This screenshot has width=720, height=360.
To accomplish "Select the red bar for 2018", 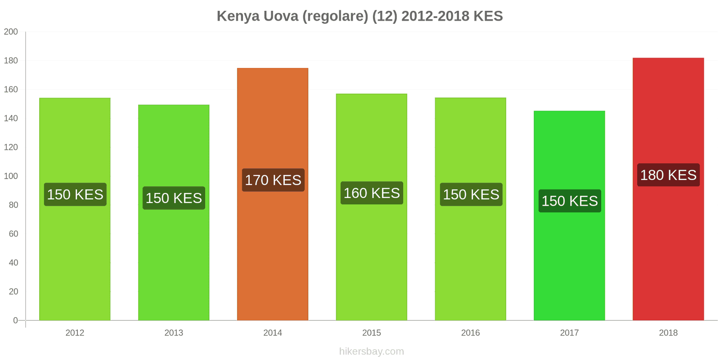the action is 668,189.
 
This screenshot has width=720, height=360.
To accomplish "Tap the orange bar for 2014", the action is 273,194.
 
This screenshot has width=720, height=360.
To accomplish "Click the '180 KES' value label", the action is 668,175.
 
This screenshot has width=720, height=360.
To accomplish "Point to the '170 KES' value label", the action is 273,180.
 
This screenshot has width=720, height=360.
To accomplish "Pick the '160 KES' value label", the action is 372,193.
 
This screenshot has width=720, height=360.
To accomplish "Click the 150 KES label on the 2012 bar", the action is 75,194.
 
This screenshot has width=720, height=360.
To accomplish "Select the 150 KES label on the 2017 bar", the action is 570,201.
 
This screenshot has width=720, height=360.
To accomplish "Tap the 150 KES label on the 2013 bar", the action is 174,198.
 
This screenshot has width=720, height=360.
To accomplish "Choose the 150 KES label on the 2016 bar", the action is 471,194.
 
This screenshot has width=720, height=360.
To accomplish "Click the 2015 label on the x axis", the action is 372,333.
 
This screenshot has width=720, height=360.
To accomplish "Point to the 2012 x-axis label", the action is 75,333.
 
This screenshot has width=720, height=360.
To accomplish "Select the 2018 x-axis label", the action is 668,333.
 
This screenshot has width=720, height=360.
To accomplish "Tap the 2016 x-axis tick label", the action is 471,333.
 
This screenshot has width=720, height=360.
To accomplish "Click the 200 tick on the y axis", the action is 11,31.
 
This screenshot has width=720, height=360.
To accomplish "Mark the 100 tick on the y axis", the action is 11,176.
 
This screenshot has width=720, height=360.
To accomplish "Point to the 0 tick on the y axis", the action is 15,320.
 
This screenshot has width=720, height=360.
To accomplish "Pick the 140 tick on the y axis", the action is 11,118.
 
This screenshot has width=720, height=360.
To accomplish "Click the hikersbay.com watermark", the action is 372,351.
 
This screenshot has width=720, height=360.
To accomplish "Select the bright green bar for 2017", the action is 569,216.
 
